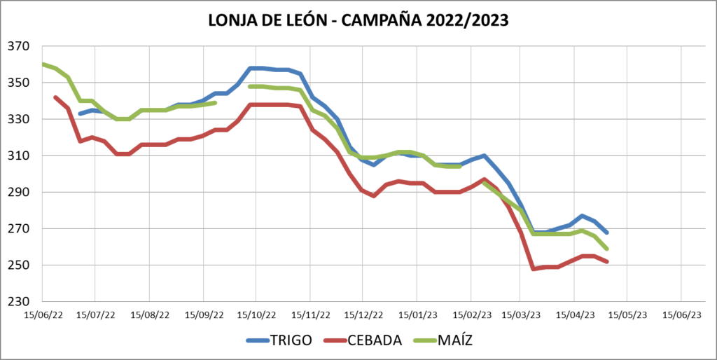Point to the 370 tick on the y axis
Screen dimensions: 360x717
tap(19, 46)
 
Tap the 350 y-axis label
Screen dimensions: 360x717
tap(19, 83)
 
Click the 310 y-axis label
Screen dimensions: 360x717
tap(19, 155)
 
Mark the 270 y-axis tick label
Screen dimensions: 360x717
tap(19, 228)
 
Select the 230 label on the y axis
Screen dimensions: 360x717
tap(19, 301)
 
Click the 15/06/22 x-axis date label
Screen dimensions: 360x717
tap(43, 315)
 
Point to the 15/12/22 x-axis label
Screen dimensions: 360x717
tap(362, 315)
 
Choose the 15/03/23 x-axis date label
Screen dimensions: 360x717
tap(520, 315)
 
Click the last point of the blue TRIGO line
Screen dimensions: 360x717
tap(606, 233)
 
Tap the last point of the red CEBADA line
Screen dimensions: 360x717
tap(606, 262)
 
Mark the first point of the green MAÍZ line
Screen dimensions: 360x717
tap(43, 64)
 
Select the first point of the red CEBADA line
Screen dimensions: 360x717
tap(55, 97)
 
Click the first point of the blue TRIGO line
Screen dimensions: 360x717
tap(81, 113)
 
